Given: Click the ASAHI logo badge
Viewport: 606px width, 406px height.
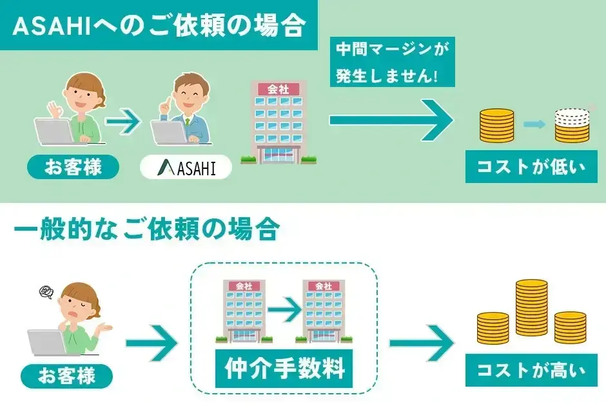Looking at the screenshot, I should click(x=186, y=169).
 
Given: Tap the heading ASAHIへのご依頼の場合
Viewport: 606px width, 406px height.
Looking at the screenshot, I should click(x=159, y=26).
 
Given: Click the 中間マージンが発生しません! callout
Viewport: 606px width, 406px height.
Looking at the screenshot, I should click(x=392, y=63).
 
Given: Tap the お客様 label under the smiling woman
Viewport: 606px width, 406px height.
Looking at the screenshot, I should click(x=73, y=168).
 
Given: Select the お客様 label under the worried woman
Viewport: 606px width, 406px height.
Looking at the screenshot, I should click(x=66, y=375).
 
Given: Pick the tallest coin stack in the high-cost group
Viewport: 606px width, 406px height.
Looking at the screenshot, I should click(x=532, y=306).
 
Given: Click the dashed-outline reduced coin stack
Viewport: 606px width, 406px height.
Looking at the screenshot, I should click(x=571, y=120).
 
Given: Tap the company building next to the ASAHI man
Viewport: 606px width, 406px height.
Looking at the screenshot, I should click(x=279, y=122).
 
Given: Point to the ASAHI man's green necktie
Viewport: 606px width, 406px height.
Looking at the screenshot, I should click(x=188, y=122).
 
